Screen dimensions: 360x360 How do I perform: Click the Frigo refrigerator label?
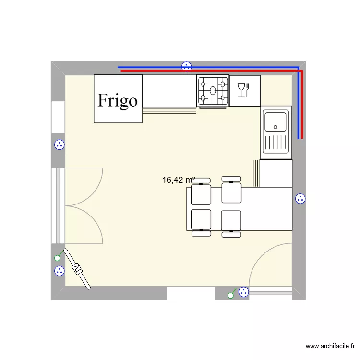118,100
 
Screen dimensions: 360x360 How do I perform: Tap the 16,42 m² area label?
178,180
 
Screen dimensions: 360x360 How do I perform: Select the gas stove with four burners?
213,91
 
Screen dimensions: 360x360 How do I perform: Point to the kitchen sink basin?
276,121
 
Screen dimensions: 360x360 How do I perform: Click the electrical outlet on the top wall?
186,67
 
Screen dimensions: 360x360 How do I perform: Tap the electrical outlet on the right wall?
300,198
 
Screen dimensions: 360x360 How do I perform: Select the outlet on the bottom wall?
243,291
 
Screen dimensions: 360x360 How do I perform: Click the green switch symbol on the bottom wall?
231,295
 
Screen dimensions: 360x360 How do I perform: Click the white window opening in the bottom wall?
191,293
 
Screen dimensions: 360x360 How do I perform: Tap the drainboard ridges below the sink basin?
276,144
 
